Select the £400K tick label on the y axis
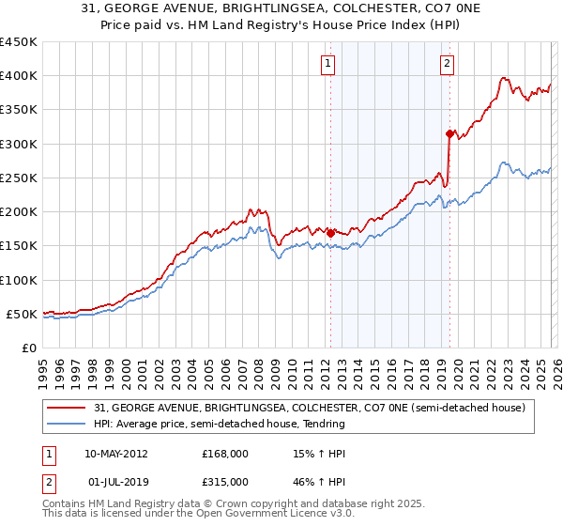pyautogui.click(x=19, y=76)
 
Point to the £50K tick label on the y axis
pyautogui.click(x=22, y=314)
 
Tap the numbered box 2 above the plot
pyautogui.click(x=447, y=64)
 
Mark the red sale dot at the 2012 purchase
pyautogui.click(x=330, y=233)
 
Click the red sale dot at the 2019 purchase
pyautogui.click(x=449, y=133)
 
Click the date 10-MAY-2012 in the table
pyautogui.click(x=115, y=454)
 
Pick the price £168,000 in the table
pyautogui.click(x=225, y=454)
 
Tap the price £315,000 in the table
pyautogui.click(x=225, y=481)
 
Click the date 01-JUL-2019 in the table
pyautogui.click(x=117, y=481)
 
